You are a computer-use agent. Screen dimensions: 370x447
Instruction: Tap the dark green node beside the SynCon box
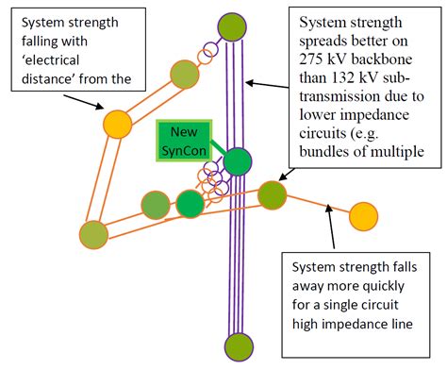tap(238, 162)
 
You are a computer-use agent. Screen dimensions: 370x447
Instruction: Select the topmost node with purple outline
tap(232, 25)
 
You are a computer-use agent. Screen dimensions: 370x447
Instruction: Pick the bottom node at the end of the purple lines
tap(239, 346)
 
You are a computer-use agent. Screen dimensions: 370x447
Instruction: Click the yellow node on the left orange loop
tap(117, 123)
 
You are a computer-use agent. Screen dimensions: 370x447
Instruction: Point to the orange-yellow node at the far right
tap(364, 216)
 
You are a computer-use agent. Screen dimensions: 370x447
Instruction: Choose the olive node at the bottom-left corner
tap(94, 233)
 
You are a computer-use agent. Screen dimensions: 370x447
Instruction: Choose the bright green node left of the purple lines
tap(190, 203)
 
